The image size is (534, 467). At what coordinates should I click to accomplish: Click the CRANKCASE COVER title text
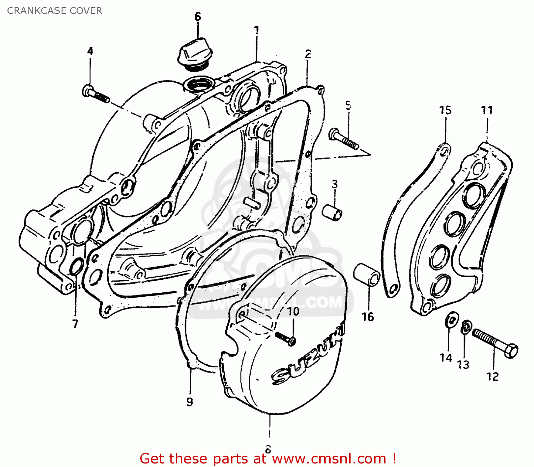(x=54, y=11)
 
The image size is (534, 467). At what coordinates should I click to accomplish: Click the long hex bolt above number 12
(x=495, y=343)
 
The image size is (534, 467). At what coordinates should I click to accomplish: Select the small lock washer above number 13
(x=465, y=327)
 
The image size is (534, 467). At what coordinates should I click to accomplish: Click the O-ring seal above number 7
(x=77, y=268)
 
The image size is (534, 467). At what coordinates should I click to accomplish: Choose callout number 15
(x=445, y=110)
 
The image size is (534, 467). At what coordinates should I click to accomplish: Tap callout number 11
(x=487, y=110)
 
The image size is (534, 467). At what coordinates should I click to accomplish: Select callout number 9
(x=190, y=402)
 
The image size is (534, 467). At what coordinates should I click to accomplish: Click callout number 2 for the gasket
(x=308, y=54)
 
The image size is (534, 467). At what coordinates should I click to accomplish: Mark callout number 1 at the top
(x=256, y=30)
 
